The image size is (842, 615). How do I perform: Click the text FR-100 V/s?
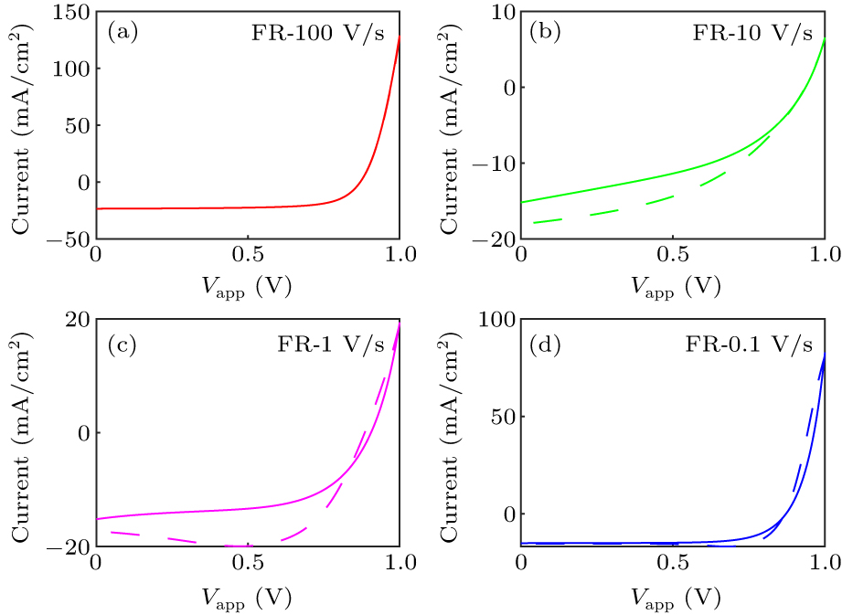coord(316,35)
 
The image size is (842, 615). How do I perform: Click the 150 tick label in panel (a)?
coord(71,12)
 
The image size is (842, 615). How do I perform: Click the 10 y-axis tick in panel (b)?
coord(502,12)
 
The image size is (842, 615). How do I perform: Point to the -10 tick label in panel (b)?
coord(491,164)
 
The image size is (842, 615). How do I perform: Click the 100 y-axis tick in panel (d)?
coord(496,319)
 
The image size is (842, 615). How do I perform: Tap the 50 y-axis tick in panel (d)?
coord(502,417)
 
